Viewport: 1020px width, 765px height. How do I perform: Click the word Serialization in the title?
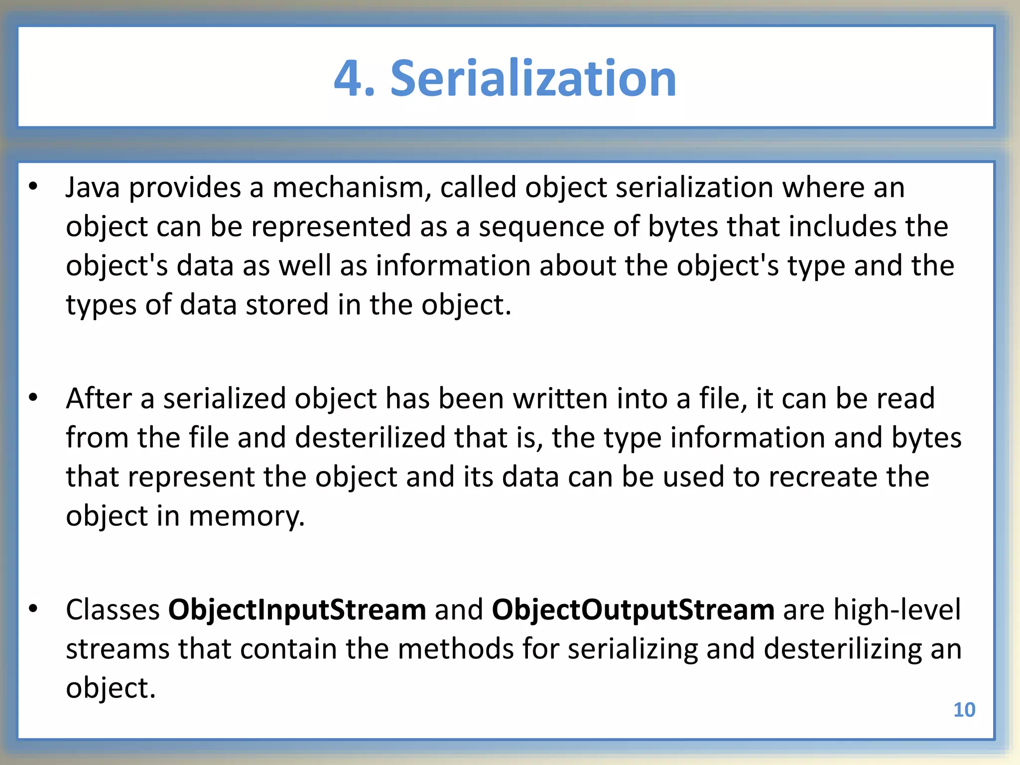pyautogui.click(x=533, y=79)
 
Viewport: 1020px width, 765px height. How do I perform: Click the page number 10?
pyautogui.click(x=964, y=710)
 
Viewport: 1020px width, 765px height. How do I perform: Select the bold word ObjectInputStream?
pyautogui.click(x=297, y=610)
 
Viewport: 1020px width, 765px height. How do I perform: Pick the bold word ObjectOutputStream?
pyautogui.click(x=633, y=610)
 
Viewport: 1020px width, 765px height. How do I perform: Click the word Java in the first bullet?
pyautogui.click(x=93, y=188)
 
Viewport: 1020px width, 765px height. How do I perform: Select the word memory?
pyautogui.click(x=247, y=516)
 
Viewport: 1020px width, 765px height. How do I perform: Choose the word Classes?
pyautogui.click(x=113, y=610)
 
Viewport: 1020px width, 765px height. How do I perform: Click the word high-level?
pyautogui.click(x=897, y=610)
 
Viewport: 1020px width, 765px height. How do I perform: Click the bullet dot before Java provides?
pyautogui.click(x=33, y=187)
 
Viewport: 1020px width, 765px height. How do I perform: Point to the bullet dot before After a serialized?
pyautogui.click(x=33, y=397)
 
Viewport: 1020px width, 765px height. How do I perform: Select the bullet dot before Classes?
pyautogui.click(x=33, y=609)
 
